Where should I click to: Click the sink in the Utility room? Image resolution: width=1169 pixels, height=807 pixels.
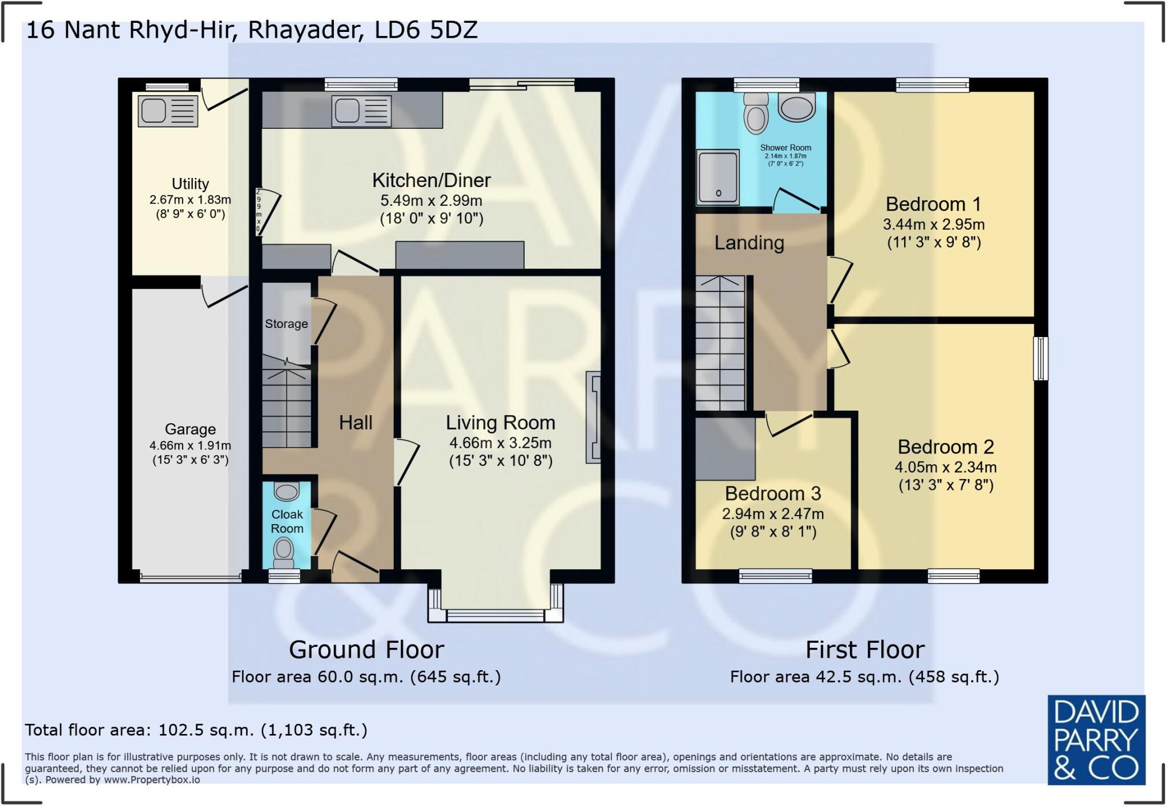click(x=168, y=110)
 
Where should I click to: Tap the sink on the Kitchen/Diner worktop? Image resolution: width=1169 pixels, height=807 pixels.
click(x=362, y=111)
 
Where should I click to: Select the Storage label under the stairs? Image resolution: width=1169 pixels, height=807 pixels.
click(x=286, y=324)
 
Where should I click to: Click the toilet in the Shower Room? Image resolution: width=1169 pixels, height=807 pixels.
click(x=756, y=114)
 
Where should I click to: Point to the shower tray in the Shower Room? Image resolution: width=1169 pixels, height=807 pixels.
click(x=717, y=177)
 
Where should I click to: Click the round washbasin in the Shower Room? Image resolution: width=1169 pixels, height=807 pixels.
click(x=797, y=107)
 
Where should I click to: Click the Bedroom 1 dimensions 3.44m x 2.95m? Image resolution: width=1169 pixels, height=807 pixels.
click(x=933, y=224)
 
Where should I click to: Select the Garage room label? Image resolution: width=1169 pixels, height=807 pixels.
click(x=190, y=429)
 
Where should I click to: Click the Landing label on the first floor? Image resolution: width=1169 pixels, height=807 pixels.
click(x=749, y=243)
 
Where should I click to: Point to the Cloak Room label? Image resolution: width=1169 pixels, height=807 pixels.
click(x=287, y=521)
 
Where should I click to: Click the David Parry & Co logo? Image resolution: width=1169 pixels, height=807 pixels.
click(x=1096, y=739)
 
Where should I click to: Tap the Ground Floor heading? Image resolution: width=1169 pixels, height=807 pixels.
click(x=366, y=650)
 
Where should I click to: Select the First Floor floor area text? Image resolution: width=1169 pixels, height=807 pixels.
click(x=864, y=677)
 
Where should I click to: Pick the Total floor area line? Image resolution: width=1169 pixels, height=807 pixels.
click(x=196, y=730)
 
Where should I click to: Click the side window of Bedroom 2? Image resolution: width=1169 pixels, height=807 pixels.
click(x=1041, y=358)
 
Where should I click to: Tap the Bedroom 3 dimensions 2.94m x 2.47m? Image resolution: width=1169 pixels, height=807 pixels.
click(x=773, y=514)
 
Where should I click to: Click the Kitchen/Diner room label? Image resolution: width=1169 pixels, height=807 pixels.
click(x=431, y=180)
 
